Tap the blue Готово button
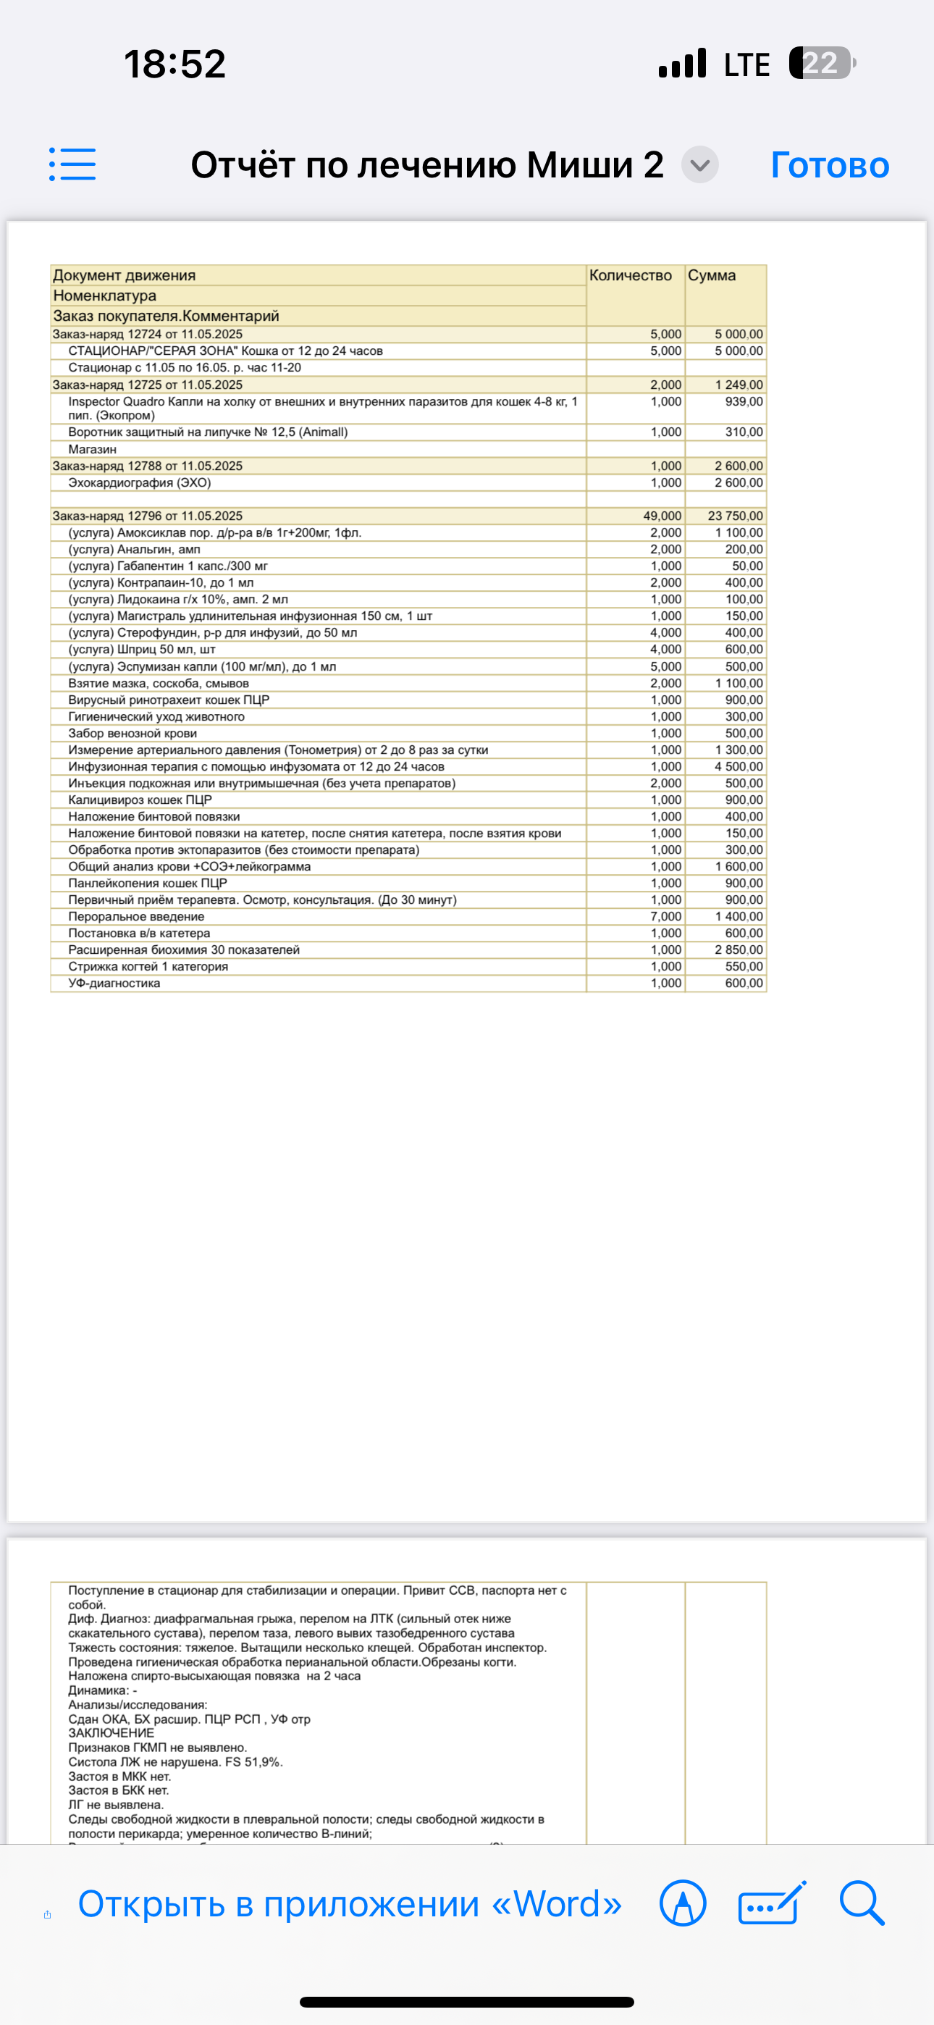pyautogui.click(x=830, y=165)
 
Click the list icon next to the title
pyautogui.click(x=72, y=164)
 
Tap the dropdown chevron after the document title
pyautogui.click(x=699, y=165)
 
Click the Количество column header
pyautogui.click(x=631, y=275)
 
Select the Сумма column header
pyautogui.click(x=712, y=275)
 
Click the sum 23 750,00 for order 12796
pyautogui.click(x=735, y=516)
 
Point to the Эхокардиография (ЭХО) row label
pyautogui.click(x=139, y=482)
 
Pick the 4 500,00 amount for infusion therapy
pyautogui.click(x=739, y=766)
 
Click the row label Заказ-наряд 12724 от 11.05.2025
pyautogui.click(x=148, y=334)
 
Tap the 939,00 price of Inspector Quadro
pyautogui.click(x=744, y=402)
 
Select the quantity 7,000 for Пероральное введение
pyautogui.click(x=665, y=917)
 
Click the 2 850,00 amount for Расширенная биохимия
pyautogui.click(x=739, y=949)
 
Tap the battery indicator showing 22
pyautogui.click(x=822, y=63)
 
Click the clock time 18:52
pyautogui.click(x=174, y=64)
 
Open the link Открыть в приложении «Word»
pyautogui.click(x=350, y=1904)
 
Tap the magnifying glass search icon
pyautogui.click(x=862, y=1903)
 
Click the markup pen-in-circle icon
pyautogui.click(x=683, y=1903)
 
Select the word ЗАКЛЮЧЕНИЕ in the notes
pyautogui.click(x=111, y=1733)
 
